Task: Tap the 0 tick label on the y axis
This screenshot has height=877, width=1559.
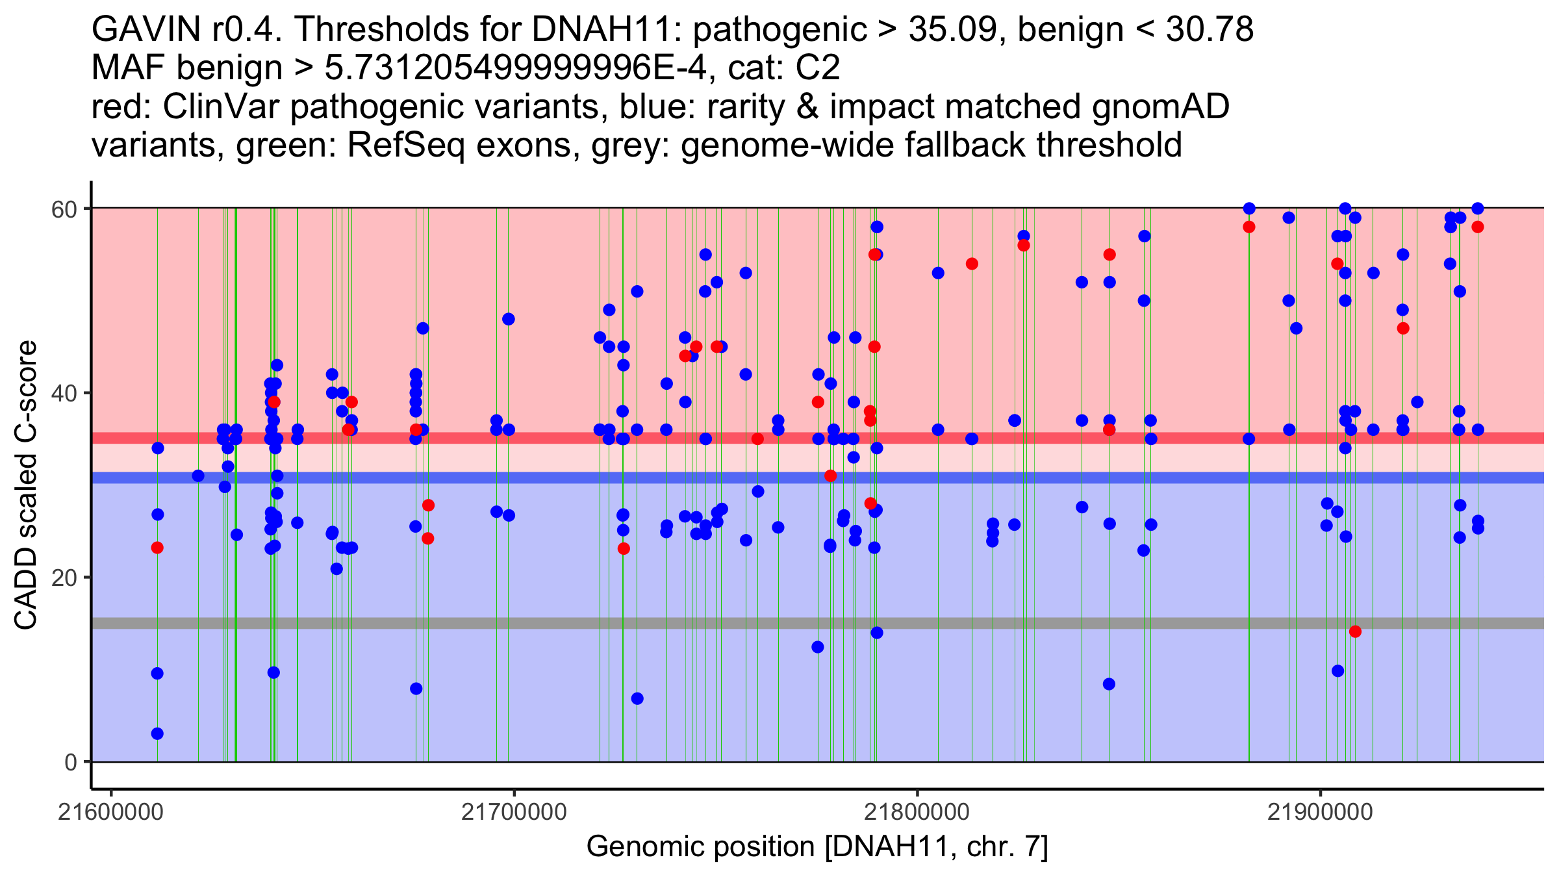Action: (x=70, y=762)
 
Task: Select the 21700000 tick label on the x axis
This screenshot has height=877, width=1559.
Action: (x=514, y=813)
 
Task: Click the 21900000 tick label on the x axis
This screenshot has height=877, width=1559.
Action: (x=1320, y=813)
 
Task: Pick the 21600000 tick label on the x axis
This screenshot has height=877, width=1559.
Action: (x=111, y=813)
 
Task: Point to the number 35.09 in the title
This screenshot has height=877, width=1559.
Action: (x=954, y=29)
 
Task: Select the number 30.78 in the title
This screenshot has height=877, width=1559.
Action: (x=1210, y=29)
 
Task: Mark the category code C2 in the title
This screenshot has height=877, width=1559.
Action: (x=818, y=68)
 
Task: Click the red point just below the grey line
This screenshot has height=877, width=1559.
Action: (x=1355, y=631)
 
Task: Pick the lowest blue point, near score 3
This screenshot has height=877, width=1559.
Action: (x=157, y=733)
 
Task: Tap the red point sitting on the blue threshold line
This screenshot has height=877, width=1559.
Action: (x=830, y=476)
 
